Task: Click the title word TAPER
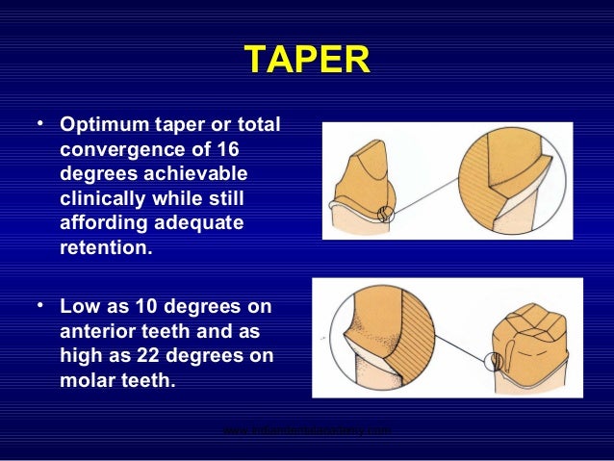coord(306,60)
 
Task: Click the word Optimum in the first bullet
coord(101,127)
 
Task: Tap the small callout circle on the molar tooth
coord(495,362)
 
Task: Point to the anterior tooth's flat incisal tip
coord(373,146)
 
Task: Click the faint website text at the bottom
coord(306,431)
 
